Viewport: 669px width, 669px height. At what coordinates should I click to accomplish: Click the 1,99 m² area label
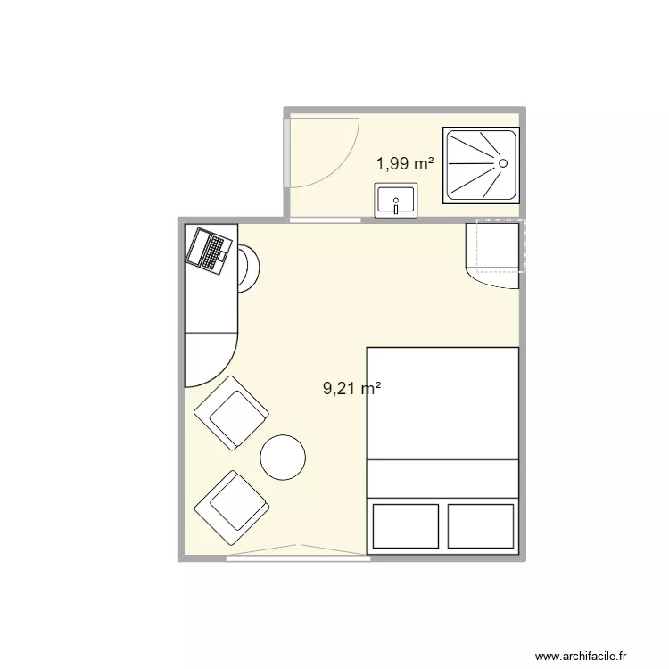(x=405, y=163)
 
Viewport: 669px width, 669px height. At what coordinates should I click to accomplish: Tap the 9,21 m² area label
(x=351, y=388)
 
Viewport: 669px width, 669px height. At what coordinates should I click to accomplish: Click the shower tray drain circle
(x=502, y=163)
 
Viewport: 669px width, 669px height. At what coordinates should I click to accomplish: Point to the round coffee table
(x=284, y=457)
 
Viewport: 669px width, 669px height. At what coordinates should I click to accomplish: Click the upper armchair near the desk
(x=231, y=412)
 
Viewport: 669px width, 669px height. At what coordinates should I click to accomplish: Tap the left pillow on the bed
(x=406, y=526)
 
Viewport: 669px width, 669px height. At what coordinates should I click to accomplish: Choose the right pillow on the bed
(x=482, y=526)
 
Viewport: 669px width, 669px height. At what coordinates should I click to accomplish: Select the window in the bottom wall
(x=297, y=558)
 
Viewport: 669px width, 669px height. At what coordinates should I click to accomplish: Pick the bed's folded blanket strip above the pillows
(x=443, y=479)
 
